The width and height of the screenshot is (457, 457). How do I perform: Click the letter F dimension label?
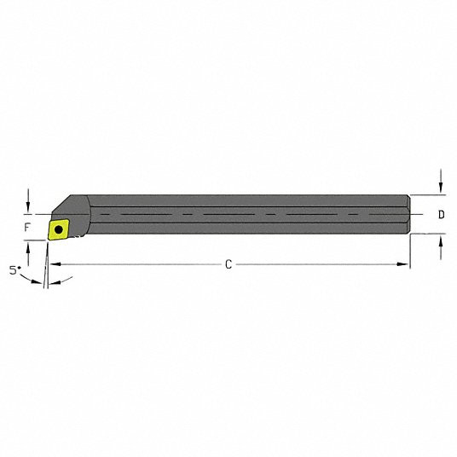click(x=28, y=228)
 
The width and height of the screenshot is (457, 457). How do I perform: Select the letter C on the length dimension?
click(x=228, y=264)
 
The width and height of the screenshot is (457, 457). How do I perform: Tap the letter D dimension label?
click(x=441, y=215)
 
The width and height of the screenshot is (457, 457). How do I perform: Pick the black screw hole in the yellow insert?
click(x=60, y=228)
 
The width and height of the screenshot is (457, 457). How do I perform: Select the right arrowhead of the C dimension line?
click(x=404, y=265)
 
